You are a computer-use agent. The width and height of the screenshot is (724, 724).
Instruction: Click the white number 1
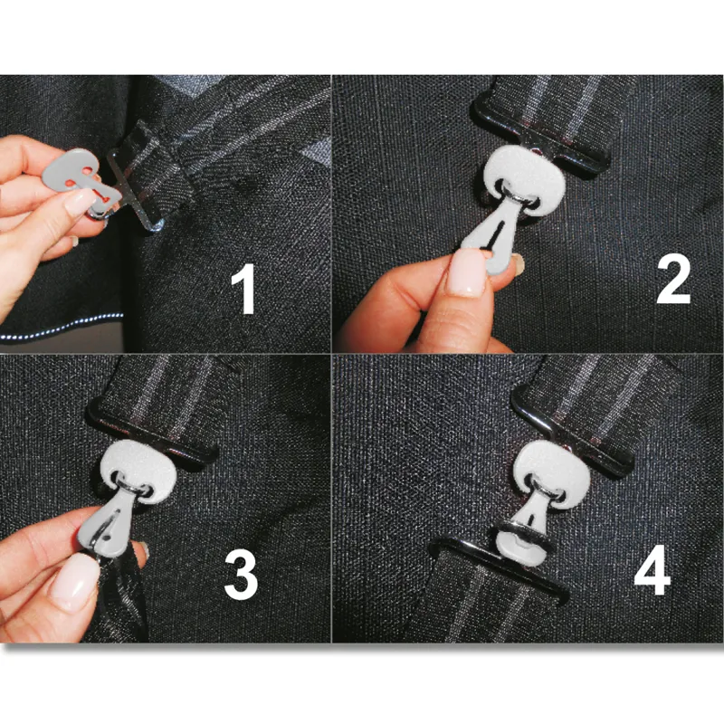tap(243, 290)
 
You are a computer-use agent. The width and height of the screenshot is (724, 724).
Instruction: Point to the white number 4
tap(652, 570)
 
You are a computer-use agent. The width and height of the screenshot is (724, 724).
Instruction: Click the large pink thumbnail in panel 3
tap(75, 583)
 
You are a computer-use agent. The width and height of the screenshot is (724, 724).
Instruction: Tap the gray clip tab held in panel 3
tap(110, 522)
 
